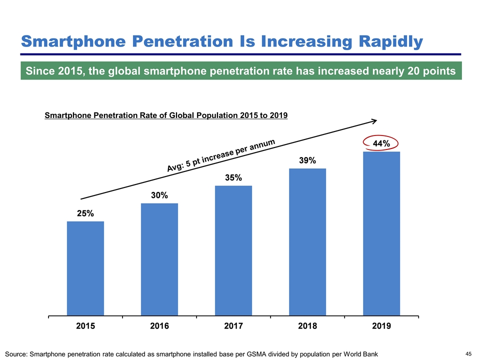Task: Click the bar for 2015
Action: click(85, 268)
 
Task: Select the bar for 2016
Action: click(159, 259)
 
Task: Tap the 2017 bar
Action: click(233, 250)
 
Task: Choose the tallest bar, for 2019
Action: click(381, 233)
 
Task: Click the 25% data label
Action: click(85, 213)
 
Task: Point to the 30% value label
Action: click(159, 196)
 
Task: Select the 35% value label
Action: click(233, 178)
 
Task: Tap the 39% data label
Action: click(307, 160)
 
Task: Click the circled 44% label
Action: click(381, 143)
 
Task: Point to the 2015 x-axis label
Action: click(85, 326)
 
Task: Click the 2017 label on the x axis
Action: click(233, 326)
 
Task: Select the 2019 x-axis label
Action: click(381, 326)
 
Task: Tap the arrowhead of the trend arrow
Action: click(373, 120)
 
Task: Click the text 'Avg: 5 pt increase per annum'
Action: click(221, 156)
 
